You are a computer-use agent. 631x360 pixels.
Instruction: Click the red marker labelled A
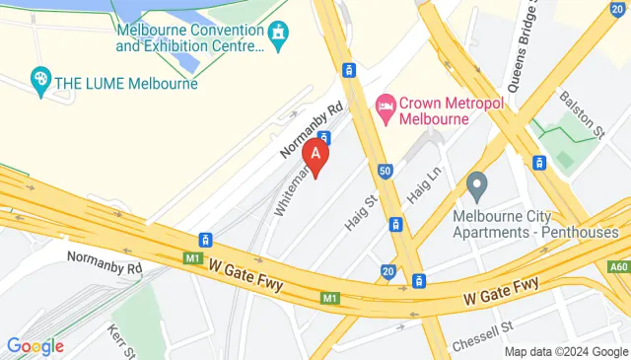pos(315,156)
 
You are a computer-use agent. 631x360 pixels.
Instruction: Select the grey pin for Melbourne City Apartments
pos(478,184)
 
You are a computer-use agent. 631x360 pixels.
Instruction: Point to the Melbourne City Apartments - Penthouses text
pos(535,224)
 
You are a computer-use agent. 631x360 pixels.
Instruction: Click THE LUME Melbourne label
pos(127,83)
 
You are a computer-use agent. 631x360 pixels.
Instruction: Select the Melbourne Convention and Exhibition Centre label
pos(189,37)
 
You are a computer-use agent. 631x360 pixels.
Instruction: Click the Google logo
pos(35,345)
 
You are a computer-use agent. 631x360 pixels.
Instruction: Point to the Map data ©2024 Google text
pos(565,352)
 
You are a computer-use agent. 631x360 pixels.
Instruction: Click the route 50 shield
pos(386,171)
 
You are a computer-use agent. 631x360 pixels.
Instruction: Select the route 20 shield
pos(387,272)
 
